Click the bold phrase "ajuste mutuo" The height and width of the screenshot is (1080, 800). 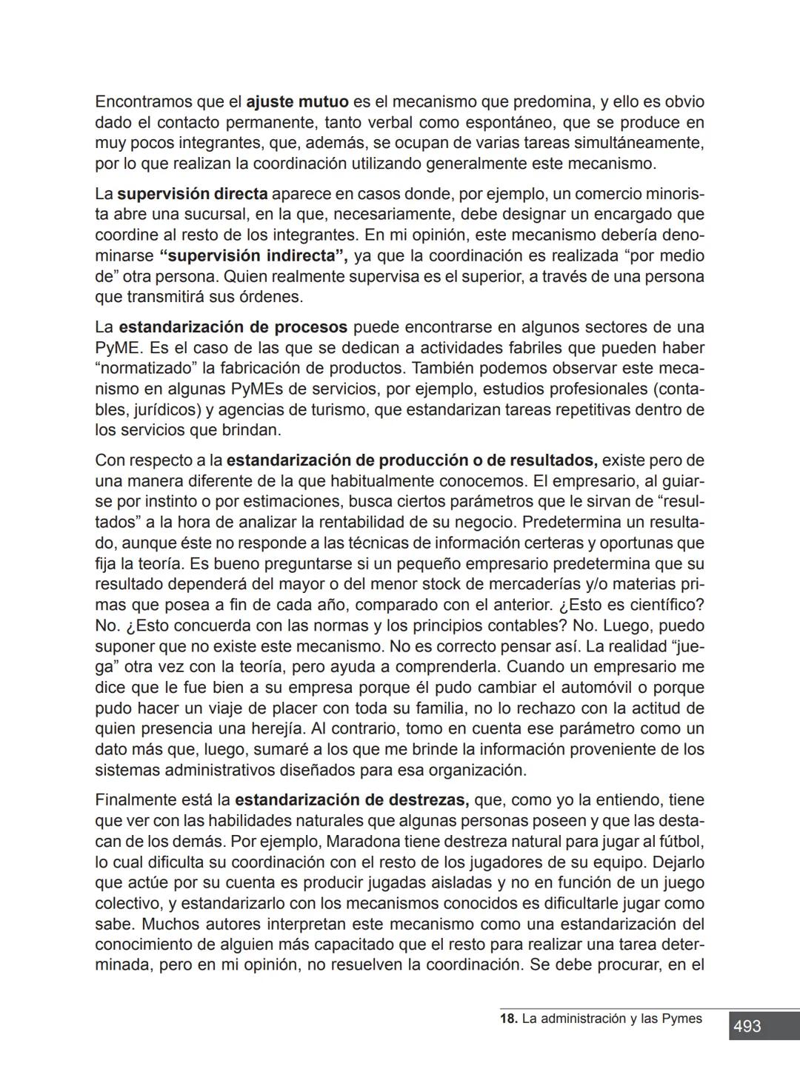[297, 101]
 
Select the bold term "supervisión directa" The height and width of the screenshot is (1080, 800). [193, 194]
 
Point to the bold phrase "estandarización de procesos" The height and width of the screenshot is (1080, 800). [233, 327]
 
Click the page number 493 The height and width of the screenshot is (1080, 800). [747, 1026]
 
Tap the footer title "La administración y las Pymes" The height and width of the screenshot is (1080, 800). [612, 1019]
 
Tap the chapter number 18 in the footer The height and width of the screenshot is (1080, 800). [508, 1019]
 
